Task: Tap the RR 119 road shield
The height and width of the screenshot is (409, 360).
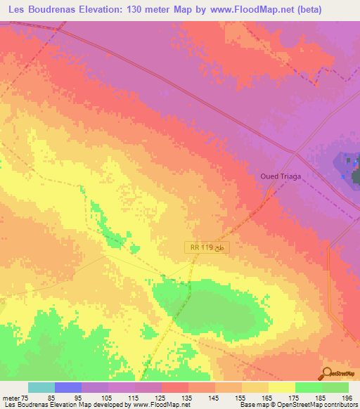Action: [x=201, y=247]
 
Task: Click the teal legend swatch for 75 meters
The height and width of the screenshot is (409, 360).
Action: [x=41, y=387]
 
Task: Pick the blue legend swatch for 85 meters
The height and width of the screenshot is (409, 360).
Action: [x=68, y=387]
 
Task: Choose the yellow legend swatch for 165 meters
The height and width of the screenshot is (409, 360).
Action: [x=255, y=387]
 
